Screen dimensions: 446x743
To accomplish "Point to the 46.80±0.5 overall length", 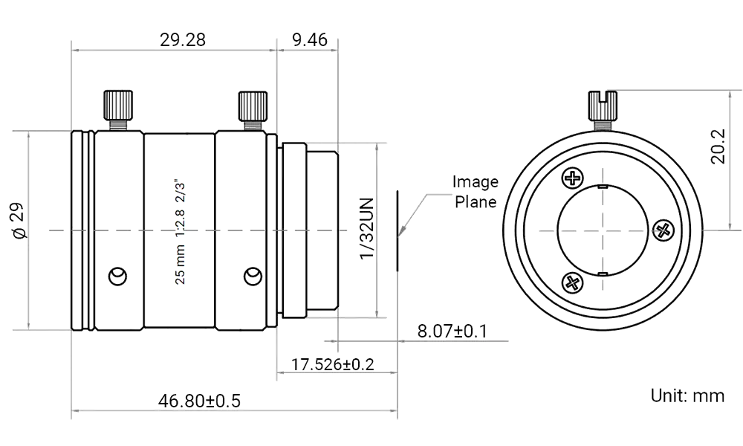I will (199, 402).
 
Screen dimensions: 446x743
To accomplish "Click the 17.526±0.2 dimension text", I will (333, 365).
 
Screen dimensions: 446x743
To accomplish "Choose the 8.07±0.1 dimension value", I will (451, 331).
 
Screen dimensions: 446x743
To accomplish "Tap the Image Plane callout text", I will (476, 191).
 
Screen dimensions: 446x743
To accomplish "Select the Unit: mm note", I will (687, 395).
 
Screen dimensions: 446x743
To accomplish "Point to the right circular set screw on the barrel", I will (253, 276).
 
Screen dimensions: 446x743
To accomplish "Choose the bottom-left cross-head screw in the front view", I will (572, 282).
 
